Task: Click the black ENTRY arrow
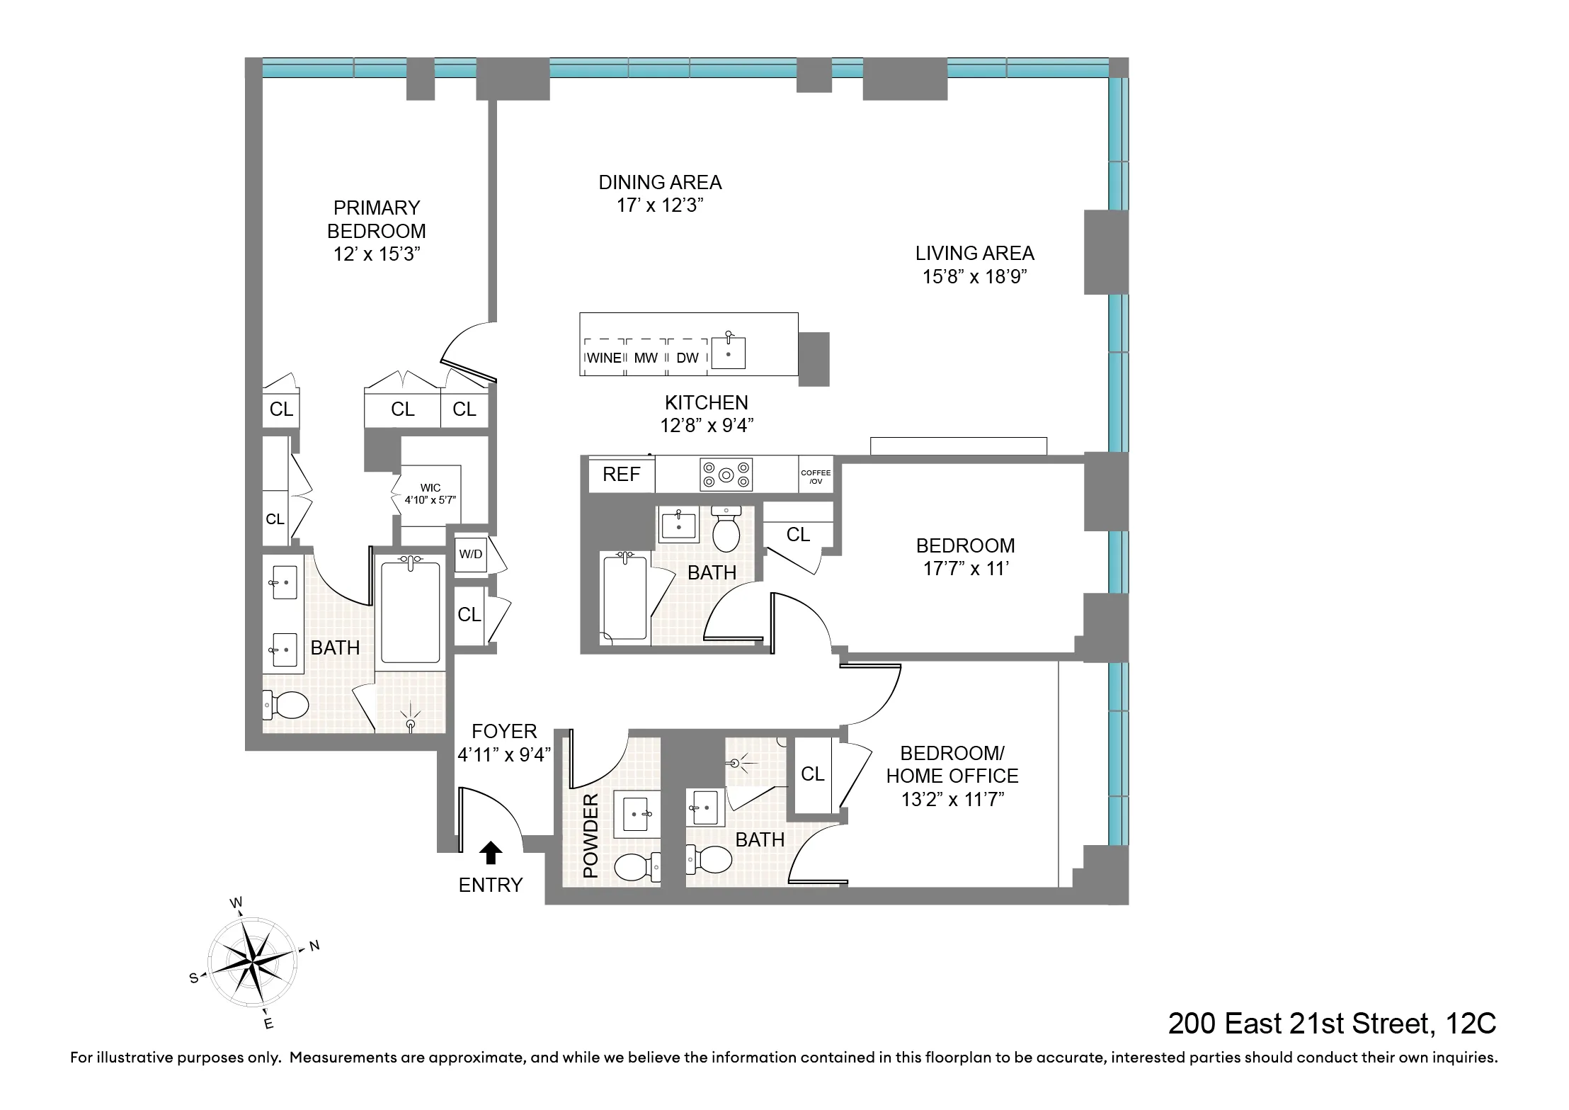[490, 853]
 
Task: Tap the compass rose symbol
[251, 963]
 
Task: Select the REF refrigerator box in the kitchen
[621, 474]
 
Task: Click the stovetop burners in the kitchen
[726, 475]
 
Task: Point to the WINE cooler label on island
[604, 358]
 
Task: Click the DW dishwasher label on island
[687, 358]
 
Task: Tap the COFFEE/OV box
[816, 476]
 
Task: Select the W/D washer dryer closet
[471, 554]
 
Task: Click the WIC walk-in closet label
[430, 488]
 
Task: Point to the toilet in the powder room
[636, 866]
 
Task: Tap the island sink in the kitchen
[728, 351]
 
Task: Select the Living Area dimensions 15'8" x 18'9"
[974, 276]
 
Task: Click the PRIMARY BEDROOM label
[377, 219]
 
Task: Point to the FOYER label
[504, 731]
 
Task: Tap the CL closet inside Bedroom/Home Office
[812, 774]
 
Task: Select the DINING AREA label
[660, 183]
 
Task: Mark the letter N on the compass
[314, 946]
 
